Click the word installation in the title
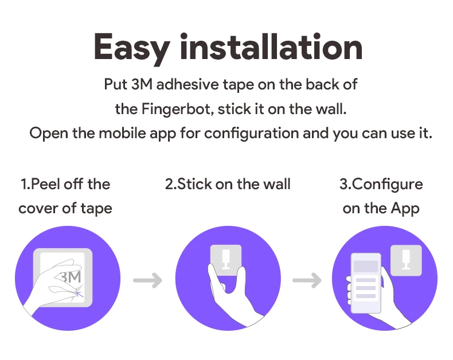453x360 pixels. coord(271,46)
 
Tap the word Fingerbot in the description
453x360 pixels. coord(177,110)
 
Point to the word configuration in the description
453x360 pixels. coord(251,134)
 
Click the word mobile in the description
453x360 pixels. coord(122,133)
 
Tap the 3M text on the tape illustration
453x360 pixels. coord(71,277)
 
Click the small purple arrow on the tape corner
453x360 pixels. coord(80,294)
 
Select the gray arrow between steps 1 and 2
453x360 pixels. coord(147,280)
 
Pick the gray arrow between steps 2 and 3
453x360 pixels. coord(307,280)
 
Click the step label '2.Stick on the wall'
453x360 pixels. coord(228,184)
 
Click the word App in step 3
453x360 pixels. coord(405,209)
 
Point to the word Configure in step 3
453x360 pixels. coord(388,185)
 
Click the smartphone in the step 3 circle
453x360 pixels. coord(366,283)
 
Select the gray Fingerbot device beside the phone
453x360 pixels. coord(406,260)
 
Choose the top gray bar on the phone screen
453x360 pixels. coord(366,266)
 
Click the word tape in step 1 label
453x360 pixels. coord(96,209)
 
